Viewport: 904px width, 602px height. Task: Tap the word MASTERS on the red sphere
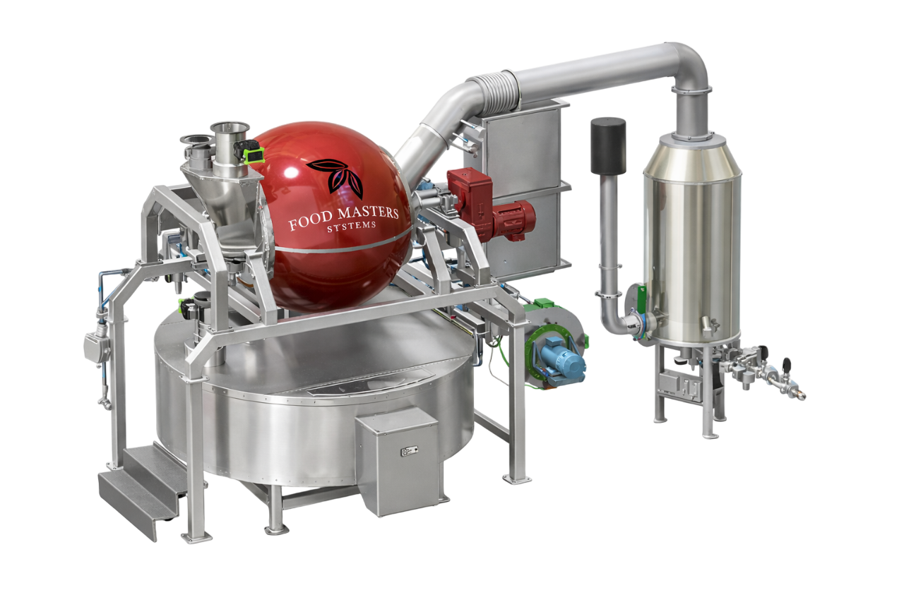(368, 213)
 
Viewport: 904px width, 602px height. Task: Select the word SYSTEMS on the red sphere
(351, 227)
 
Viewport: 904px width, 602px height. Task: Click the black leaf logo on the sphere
(335, 179)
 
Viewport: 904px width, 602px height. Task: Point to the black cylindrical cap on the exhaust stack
(608, 146)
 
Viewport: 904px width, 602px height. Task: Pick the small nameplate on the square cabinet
(409, 451)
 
